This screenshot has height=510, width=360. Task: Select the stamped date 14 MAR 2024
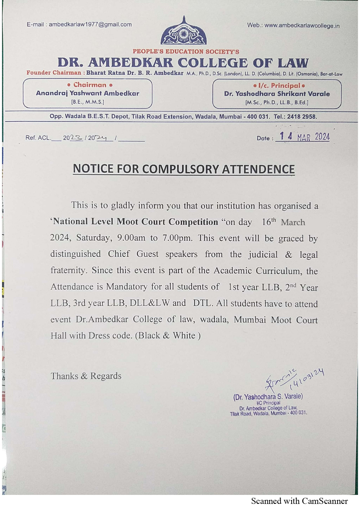pyautogui.click(x=304, y=137)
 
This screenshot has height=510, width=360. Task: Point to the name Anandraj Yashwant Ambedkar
pyautogui.click(x=87, y=93)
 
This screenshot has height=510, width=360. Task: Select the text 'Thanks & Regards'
pyautogui.click(x=86, y=376)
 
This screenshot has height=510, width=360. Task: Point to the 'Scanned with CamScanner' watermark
pyautogui.click(x=299, y=501)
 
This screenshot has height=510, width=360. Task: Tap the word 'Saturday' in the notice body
pyautogui.click(x=93, y=238)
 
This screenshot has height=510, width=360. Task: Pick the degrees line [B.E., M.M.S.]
pyautogui.click(x=87, y=102)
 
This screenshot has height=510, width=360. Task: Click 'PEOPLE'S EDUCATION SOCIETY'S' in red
pyautogui.click(x=186, y=52)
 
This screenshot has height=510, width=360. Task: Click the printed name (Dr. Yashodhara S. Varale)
pyautogui.click(x=268, y=397)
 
